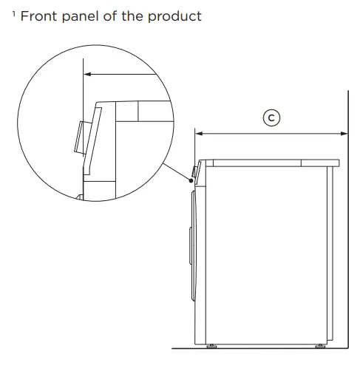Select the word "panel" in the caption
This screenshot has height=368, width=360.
(84, 16)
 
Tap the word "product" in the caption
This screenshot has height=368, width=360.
(176, 16)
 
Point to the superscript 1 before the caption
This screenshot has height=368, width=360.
(13, 13)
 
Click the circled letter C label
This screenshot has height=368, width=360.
(272, 117)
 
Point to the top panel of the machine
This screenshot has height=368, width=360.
(270, 160)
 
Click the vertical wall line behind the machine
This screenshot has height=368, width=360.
(348, 222)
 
